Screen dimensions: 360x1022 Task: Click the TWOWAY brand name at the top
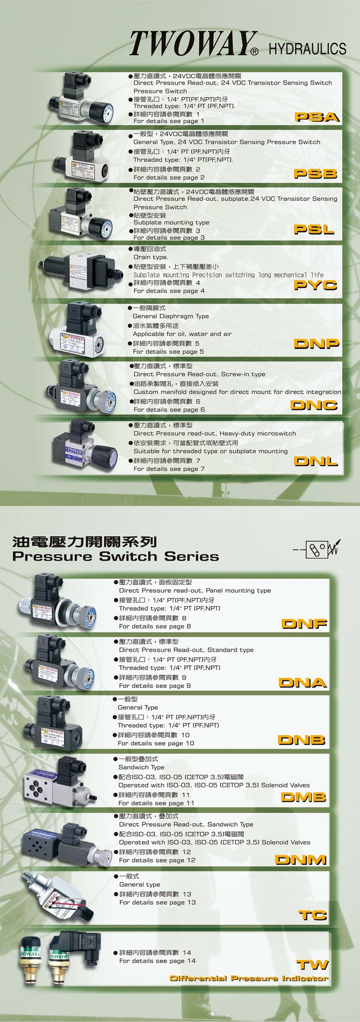point(193,44)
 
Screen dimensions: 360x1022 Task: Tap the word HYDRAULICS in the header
point(307,48)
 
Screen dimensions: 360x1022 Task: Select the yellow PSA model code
point(317,117)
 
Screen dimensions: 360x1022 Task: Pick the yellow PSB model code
point(316,173)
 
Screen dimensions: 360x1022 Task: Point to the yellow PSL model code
point(314,229)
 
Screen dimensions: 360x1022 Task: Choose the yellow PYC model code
point(316,285)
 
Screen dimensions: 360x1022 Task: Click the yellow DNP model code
point(316,343)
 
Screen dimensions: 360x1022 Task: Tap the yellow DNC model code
point(314,405)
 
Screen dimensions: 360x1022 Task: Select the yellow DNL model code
point(316,461)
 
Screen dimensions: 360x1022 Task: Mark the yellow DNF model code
point(304,624)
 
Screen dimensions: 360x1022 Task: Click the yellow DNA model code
point(303,682)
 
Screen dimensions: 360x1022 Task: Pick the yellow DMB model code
point(303,797)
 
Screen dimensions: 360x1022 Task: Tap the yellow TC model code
point(312,915)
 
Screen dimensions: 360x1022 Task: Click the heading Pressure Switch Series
point(116,556)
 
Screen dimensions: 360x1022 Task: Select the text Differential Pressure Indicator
point(249,978)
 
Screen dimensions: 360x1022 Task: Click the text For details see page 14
point(157,961)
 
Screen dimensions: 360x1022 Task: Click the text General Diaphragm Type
point(171,316)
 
